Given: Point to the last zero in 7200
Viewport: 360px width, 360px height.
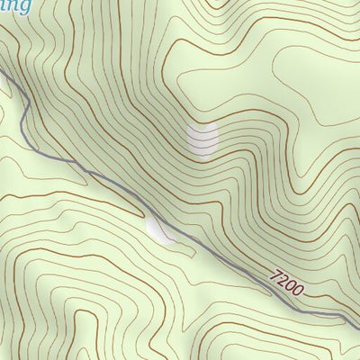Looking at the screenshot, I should [x=299, y=291].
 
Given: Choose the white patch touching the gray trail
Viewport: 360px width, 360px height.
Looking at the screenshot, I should [x=162, y=231].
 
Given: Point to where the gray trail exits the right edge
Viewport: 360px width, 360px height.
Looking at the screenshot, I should [x=358, y=322].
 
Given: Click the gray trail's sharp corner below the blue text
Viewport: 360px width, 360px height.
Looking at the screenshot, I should [x=27, y=98].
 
